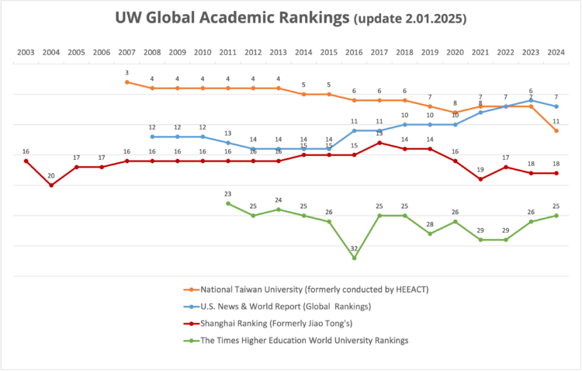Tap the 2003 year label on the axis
pyautogui.click(x=26, y=53)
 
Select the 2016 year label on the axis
pyautogui.click(x=354, y=53)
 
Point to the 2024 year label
pyautogui.click(x=556, y=53)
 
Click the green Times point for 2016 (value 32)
pyautogui.click(x=354, y=258)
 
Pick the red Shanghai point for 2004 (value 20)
pyautogui.click(x=51, y=185)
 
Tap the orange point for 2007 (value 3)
pyautogui.click(x=126, y=81)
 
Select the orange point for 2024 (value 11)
pyautogui.click(x=556, y=130)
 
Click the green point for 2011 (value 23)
pyautogui.click(x=228, y=203)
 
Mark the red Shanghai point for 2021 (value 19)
pyautogui.click(x=481, y=179)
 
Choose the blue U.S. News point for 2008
pyautogui.click(x=152, y=137)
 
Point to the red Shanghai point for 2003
pyautogui.click(x=26, y=161)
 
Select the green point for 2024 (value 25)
pyautogui.click(x=556, y=215)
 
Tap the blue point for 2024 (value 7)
pyautogui.click(x=556, y=106)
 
